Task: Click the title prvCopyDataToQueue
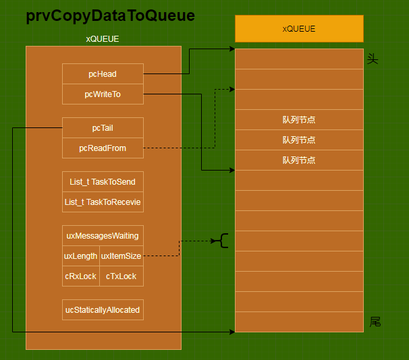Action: click(111, 17)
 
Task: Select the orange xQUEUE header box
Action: click(299, 29)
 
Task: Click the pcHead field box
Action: click(103, 74)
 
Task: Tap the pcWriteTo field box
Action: click(103, 94)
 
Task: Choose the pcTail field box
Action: click(103, 127)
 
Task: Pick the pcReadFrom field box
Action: click(103, 148)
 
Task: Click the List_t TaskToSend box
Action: click(103, 182)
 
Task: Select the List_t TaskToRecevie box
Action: click(103, 202)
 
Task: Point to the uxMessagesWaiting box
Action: click(103, 236)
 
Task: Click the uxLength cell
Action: click(80, 256)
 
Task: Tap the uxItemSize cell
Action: click(121, 256)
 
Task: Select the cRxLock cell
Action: click(80, 276)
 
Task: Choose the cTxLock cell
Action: click(121, 276)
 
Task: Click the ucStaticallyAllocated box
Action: click(103, 310)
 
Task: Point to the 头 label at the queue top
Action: click(373, 59)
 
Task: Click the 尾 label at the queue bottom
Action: click(375, 322)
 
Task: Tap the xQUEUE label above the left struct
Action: click(103, 39)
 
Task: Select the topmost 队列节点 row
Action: click(299, 120)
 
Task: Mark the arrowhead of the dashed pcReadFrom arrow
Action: click(231, 88)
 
